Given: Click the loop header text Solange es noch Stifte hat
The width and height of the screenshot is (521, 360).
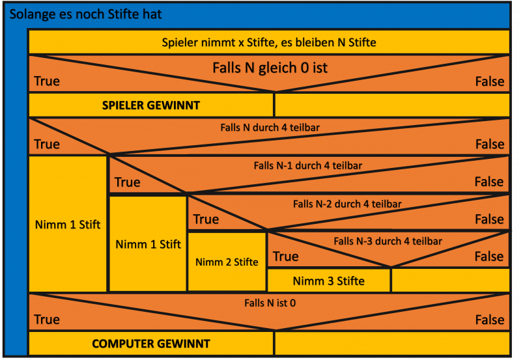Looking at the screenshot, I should [x=85, y=14].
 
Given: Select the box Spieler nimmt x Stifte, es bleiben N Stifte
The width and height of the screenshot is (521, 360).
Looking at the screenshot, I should [x=268, y=42].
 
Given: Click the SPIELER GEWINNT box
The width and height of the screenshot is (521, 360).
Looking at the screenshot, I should [x=150, y=105].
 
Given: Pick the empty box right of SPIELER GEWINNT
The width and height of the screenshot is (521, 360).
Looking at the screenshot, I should [x=391, y=105].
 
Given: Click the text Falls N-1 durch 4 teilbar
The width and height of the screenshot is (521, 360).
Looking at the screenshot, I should [x=307, y=165].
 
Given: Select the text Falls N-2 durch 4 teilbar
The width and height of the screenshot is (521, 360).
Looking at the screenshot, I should [x=347, y=203].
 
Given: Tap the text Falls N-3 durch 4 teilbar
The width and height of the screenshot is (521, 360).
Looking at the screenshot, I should [x=387, y=241].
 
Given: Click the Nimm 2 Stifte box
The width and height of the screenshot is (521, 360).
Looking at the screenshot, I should [x=227, y=262].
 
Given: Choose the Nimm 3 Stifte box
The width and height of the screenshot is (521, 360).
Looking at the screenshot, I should [x=328, y=281].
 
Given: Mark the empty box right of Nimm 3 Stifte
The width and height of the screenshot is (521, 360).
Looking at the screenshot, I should [x=449, y=281].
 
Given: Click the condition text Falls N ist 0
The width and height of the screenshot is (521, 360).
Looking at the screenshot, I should [x=268, y=303].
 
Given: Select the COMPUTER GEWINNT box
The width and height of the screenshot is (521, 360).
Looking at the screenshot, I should [x=150, y=343].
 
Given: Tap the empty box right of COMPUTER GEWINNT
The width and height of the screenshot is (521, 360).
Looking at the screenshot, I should [x=391, y=343].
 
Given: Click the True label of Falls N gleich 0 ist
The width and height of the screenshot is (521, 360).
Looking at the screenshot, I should [x=46, y=81].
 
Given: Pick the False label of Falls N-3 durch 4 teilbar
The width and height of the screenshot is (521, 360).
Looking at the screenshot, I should [x=488, y=256].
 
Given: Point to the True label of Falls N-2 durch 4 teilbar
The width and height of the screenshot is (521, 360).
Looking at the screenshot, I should [x=206, y=219].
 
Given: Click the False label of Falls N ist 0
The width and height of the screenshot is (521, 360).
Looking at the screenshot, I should [x=488, y=320].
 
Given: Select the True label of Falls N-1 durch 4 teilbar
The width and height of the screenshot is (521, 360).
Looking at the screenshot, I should [x=127, y=182].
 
